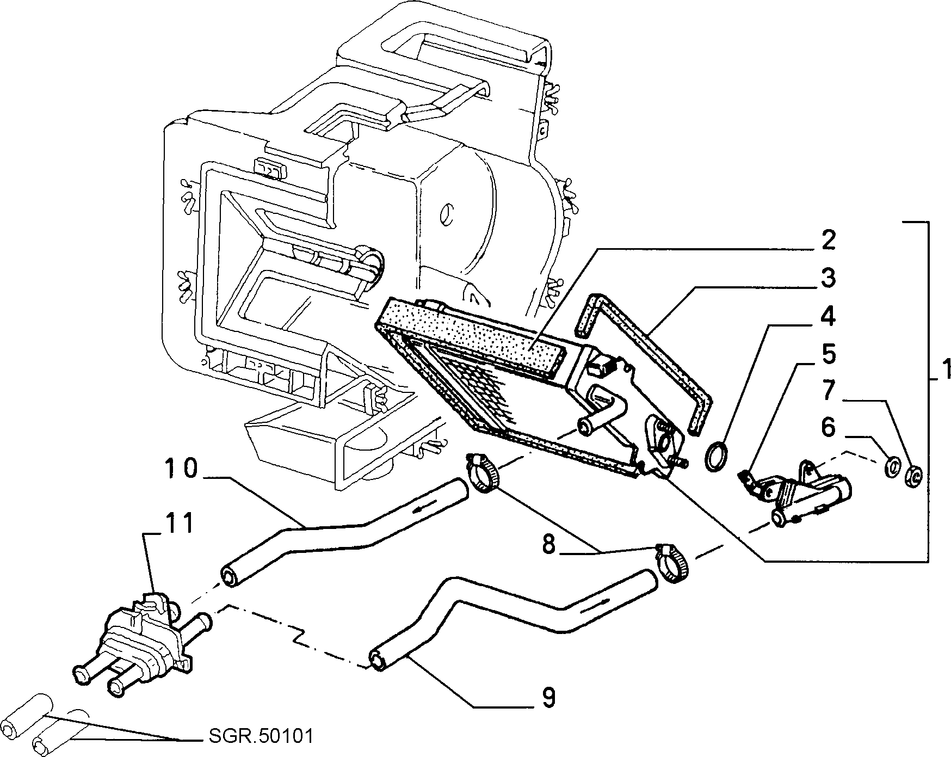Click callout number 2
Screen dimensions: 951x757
pyautogui.click(x=828, y=240)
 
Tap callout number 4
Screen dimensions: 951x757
pyautogui.click(x=828, y=316)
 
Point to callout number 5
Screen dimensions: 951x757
pyautogui.click(x=828, y=354)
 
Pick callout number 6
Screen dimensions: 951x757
pyautogui.click(x=828, y=428)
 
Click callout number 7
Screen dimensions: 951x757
pyautogui.click(x=828, y=391)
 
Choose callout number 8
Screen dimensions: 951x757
pyautogui.click(x=548, y=545)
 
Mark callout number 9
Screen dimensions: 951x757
pyautogui.click(x=548, y=697)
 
